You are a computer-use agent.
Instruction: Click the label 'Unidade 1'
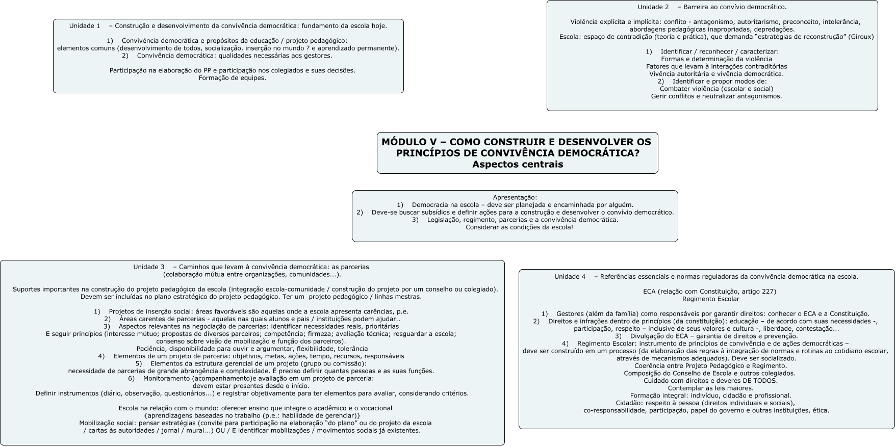[x=85, y=26]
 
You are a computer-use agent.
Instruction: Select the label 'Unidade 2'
[x=653, y=7]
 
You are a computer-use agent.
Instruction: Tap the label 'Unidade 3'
[x=149, y=267]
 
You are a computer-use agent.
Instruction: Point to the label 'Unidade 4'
[x=570, y=277]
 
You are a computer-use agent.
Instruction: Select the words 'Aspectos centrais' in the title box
[x=518, y=164]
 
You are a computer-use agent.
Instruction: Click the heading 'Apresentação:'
[x=515, y=197]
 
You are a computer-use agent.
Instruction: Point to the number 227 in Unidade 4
[x=768, y=292]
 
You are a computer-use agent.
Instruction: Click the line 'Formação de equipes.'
[x=232, y=78]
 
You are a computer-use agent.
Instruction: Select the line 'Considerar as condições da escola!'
[x=519, y=227]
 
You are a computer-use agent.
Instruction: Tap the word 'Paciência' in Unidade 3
[x=151, y=349]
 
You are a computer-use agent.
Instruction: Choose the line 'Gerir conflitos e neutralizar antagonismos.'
[x=716, y=96]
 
